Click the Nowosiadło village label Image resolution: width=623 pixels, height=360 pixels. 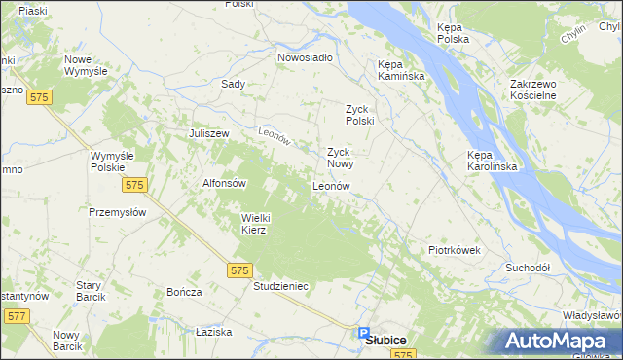pyautogui.click(x=305, y=57)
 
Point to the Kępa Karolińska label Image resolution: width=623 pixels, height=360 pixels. pyautogui.click(x=492, y=161)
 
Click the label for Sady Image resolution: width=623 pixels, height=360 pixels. pyautogui.click(x=233, y=84)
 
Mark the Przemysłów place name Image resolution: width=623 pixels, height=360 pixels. pyautogui.click(x=117, y=212)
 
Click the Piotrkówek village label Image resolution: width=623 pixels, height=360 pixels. pyautogui.click(x=455, y=250)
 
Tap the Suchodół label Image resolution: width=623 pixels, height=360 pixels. pyautogui.click(x=528, y=267)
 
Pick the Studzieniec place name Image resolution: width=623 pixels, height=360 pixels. pyautogui.click(x=280, y=287)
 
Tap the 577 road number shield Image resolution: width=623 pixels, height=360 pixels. pyautogui.click(x=17, y=316)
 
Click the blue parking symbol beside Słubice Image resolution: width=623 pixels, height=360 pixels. pyautogui.click(x=363, y=332)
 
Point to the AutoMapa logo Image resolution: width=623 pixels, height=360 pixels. pyautogui.click(x=563, y=342)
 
